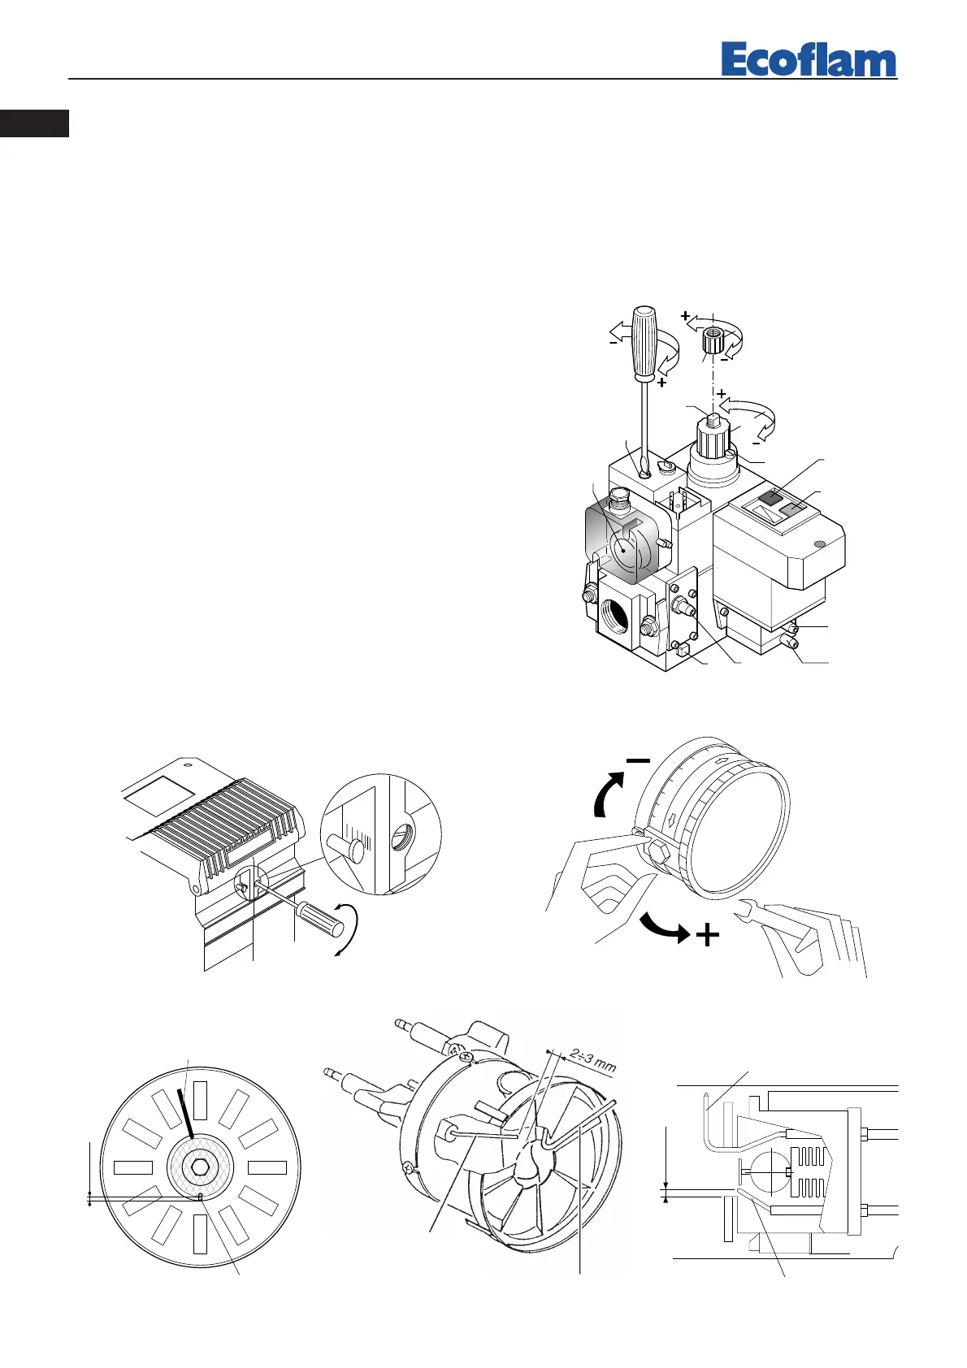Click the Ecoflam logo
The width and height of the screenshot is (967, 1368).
(809, 60)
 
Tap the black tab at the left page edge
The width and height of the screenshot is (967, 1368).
(34, 124)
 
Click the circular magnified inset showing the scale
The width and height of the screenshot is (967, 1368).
(380, 834)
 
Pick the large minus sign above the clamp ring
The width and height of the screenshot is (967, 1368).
(638, 760)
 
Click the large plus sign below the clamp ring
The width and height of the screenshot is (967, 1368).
(708, 936)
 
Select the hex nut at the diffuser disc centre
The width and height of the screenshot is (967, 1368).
(199, 1168)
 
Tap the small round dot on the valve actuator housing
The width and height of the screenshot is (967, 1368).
(819, 544)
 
